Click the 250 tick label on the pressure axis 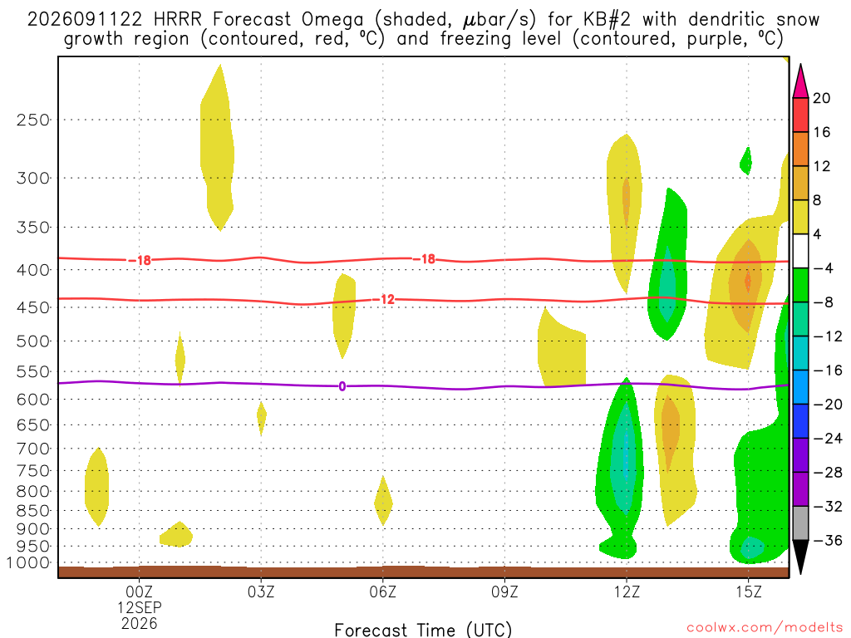[33, 120]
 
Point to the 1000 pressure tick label [28, 563]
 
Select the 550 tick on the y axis [33, 372]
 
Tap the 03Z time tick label [261, 591]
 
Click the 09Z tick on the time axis [504, 591]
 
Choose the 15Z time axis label [749, 591]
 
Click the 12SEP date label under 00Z [140, 607]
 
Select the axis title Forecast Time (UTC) [423, 630]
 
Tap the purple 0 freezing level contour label [342, 386]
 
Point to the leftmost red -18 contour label [140, 260]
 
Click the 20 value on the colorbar [822, 98]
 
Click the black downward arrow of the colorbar [800, 557]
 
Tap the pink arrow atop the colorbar [800, 81]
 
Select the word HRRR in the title [177, 20]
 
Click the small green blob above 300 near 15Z [747, 160]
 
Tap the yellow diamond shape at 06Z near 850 [383, 501]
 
